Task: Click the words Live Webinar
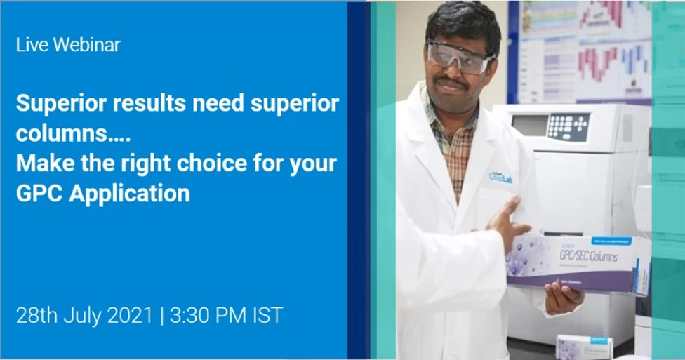tap(68, 45)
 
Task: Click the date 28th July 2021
tap(84, 315)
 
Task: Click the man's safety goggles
tap(460, 55)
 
